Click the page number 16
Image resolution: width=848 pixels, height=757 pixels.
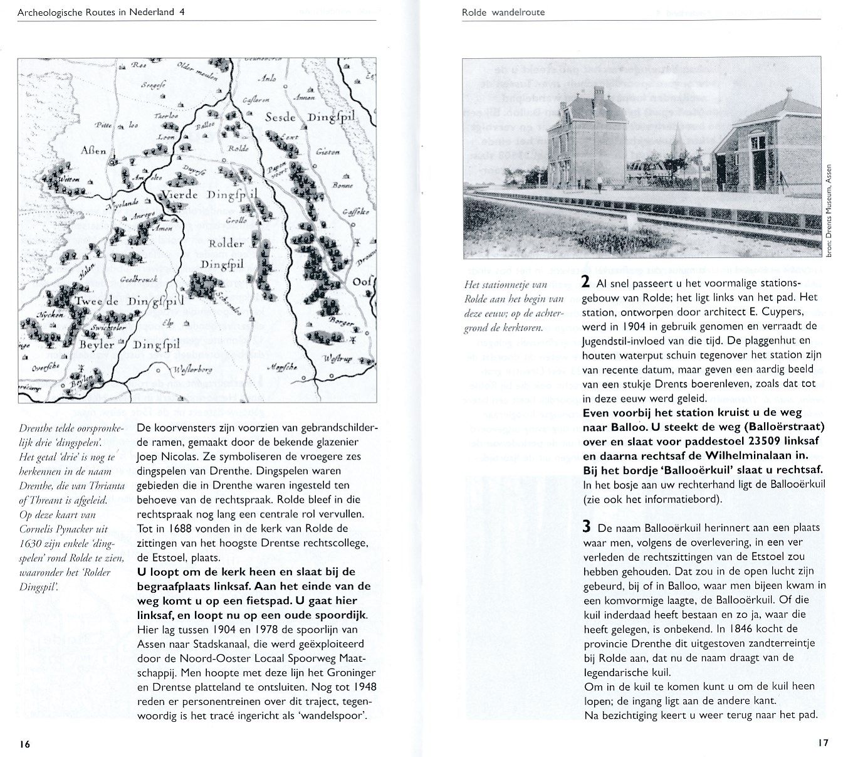coord(24,744)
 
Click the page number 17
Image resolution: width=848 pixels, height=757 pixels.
coord(823,743)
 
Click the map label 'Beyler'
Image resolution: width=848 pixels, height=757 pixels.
coord(97,344)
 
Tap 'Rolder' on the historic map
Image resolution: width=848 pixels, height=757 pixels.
coord(226,244)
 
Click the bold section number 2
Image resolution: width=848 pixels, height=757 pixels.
coord(585,282)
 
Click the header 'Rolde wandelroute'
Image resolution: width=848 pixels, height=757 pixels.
coord(503,12)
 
